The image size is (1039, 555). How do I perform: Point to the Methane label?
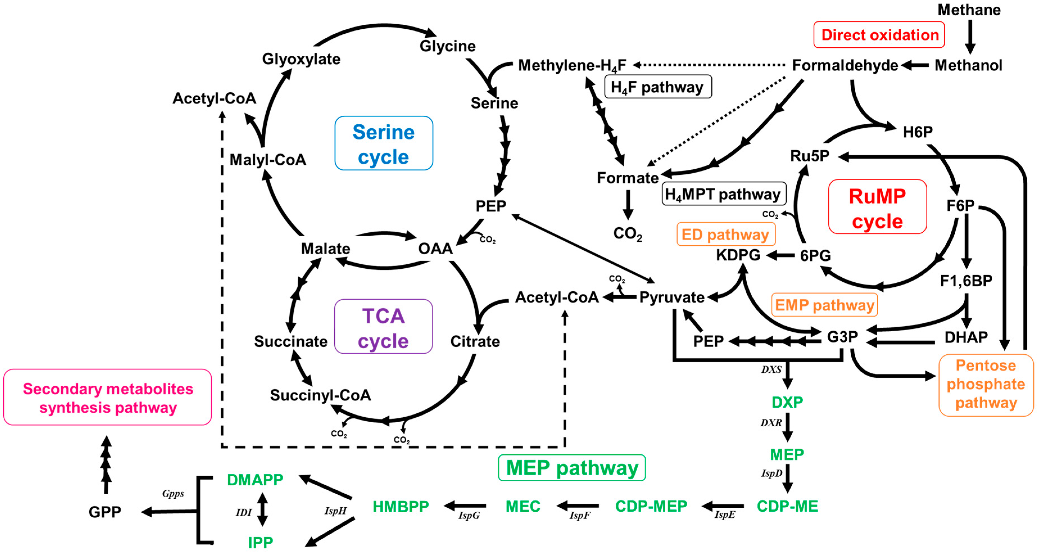pyautogui.click(x=969, y=10)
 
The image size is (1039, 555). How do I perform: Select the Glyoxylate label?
pyautogui.click(x=301, y=59)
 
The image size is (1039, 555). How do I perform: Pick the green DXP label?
pyautogui.click(x=787, y=402)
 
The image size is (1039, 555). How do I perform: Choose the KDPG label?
pyautogui.click(x=738, y=255)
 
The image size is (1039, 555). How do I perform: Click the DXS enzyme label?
pyautogui.click(x=771, y=370)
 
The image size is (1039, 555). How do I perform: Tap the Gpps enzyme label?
pyautogui.click(x=173, y=494)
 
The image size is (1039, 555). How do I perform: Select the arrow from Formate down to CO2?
pyautogui.click(x=628, y=205)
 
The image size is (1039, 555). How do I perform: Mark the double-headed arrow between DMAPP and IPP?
pyautogui.click(x=263, y=509)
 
